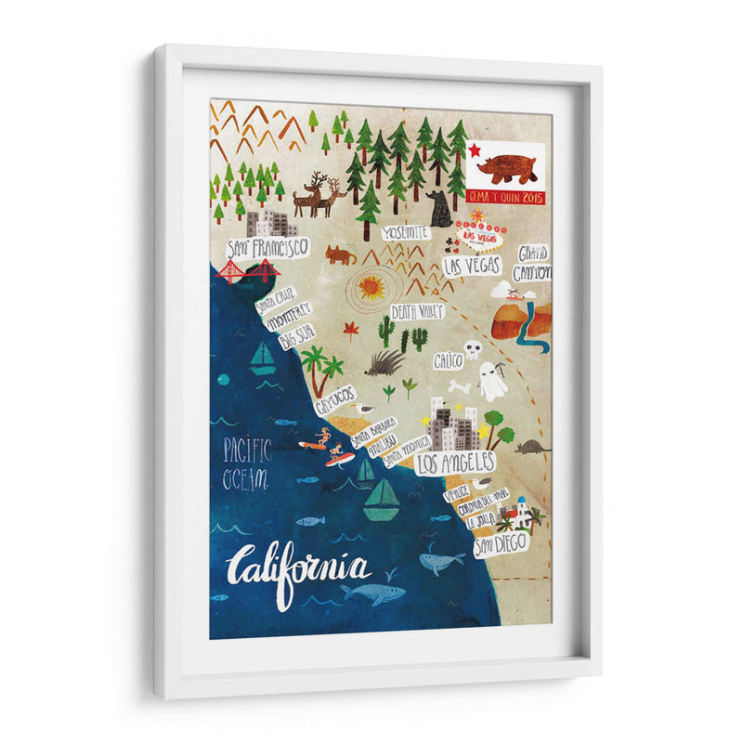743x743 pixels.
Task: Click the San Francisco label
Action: [267, 248]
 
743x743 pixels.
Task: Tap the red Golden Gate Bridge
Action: [248, 271]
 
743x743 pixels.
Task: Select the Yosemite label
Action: [407, 232]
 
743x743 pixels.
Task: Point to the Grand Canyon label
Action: [533, 262]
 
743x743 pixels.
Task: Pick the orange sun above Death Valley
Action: [371, 288]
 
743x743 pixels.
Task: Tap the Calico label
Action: [448, 360]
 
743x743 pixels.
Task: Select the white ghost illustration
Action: [491, 379]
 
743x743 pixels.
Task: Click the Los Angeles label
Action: [455, 462]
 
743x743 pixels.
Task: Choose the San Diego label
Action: [501, 543]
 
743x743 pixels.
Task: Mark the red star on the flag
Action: [475, 150]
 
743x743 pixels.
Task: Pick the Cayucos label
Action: [335, 400]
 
